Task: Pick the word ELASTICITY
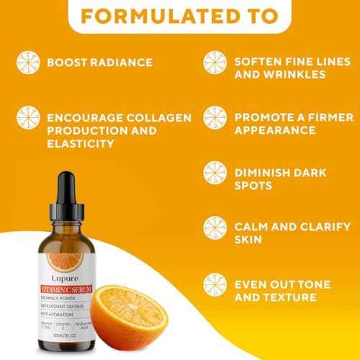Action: coord(80,143)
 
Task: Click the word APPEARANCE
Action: coord(276,130)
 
